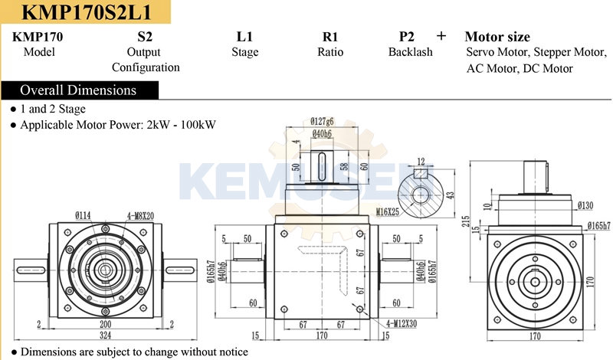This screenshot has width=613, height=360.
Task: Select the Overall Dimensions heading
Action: coord(78,90)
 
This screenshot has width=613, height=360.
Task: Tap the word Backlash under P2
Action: coord(410,52)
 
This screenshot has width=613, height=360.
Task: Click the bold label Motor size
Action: coord(497,37)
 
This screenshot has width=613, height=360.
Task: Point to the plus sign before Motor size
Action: coord(441,36)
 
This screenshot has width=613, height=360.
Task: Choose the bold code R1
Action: coord(330,37)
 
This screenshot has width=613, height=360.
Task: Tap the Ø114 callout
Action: coord(83,216)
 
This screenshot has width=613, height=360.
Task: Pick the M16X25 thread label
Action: coord(387,211)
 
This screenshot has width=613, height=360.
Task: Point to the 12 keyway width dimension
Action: coord(420,161)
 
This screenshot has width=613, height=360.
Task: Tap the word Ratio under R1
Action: coord(330,52)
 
